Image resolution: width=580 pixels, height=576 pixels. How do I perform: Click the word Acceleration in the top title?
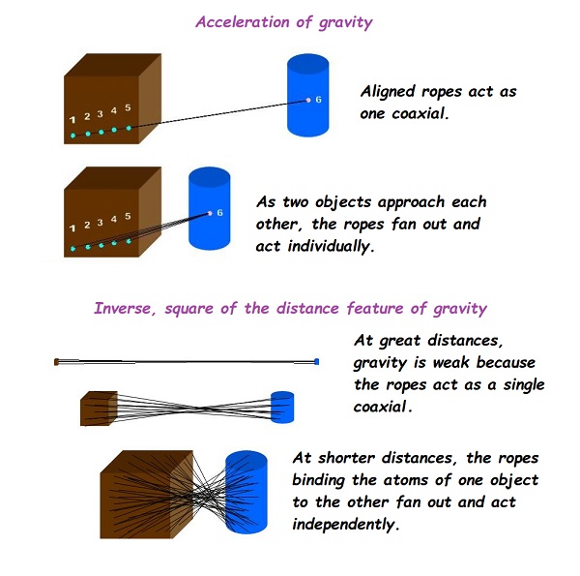pyautogui.click(x=243, y=22)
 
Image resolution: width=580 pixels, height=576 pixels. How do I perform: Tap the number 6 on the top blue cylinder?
pyautogui.click(x=318, y=100)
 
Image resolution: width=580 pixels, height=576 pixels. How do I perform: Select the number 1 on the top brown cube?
pyautogui.click(x=72, y=120)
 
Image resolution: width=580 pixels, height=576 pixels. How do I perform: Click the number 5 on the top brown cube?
pyautogui.click(x=128, y=107)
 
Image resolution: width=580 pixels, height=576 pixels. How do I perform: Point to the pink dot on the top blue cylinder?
pyautogui.click(x=308, y=100)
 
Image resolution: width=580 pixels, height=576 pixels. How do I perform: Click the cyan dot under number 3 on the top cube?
pyautogui.click(x=101, y=133)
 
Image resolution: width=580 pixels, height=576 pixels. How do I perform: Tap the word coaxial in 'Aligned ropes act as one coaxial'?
pyautogui.click(x=420, y=113)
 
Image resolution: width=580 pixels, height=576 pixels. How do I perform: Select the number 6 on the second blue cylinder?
pyautogui.click(x=220, y=213)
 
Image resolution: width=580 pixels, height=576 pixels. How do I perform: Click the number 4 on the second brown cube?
pyautogui.click(x=114, y=220)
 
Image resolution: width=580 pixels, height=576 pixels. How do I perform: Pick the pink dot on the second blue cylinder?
pyautogui.click(x=210, y=213)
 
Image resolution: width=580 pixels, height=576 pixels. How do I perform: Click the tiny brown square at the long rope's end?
pyautogui.click(x=57, y=362)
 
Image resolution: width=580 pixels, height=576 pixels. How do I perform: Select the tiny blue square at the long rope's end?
pyautogui.click(x=317, y=361)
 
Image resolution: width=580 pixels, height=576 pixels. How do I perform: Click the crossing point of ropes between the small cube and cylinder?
pyautogui.click(x=202, y=409)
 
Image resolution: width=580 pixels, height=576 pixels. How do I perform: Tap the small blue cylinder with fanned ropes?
pyautogui.click(x=282, y=408)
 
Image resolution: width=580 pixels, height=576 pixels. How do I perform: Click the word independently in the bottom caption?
pyautogui.click(x=346, y=525)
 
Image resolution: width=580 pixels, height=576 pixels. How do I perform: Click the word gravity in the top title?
pyautogui.click(x=346, y=23)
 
